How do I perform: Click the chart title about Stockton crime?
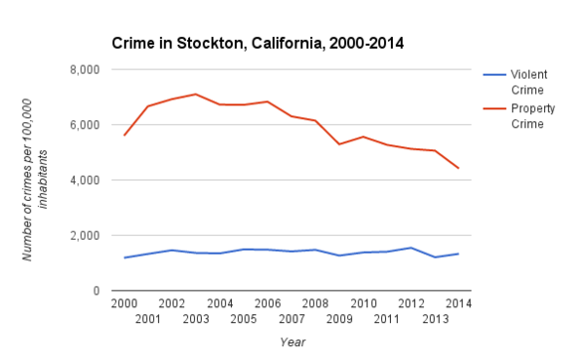pos(258,43)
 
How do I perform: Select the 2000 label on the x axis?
pos(124,303)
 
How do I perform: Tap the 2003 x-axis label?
pos(196,318)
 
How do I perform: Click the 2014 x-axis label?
pos(459,303)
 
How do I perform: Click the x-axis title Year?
pos(292,342)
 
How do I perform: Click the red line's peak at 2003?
pos(196,94)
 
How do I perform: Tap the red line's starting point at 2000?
pos(124,135)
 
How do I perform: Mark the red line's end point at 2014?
pos(459,168)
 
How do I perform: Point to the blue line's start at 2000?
pos(124,258)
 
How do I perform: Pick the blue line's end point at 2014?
pos(459,254)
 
